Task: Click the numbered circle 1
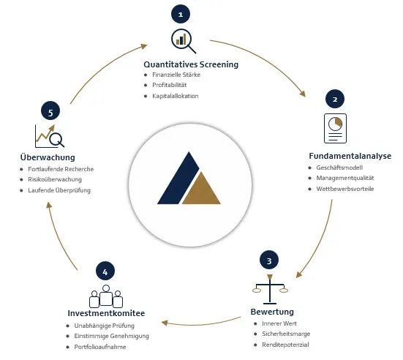(181, 14)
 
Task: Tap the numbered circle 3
(269, 260)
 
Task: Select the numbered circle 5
(50, 111)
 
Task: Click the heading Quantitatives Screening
(191, 64)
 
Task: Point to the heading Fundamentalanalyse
(350, 156)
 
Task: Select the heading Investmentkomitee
(106, 313)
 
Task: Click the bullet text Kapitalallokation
(176, 96)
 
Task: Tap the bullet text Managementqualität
(345, 178)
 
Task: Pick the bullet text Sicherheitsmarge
(286, 334)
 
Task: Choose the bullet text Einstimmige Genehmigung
(112, 336)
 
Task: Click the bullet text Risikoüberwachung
(55, 179)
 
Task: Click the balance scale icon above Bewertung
(270, 289)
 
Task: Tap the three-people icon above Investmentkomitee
(106, 296)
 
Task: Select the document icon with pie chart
(336, 128)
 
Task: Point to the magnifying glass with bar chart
(184, 41)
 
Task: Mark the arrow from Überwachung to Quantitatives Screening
(103, 68)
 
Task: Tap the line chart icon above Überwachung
(50, 136)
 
